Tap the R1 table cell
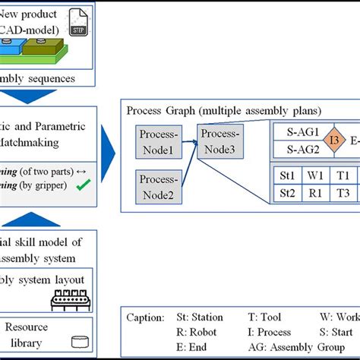(x=314, y=193)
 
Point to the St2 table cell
(x=287, y=193)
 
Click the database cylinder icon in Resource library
(x=77, y=342)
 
